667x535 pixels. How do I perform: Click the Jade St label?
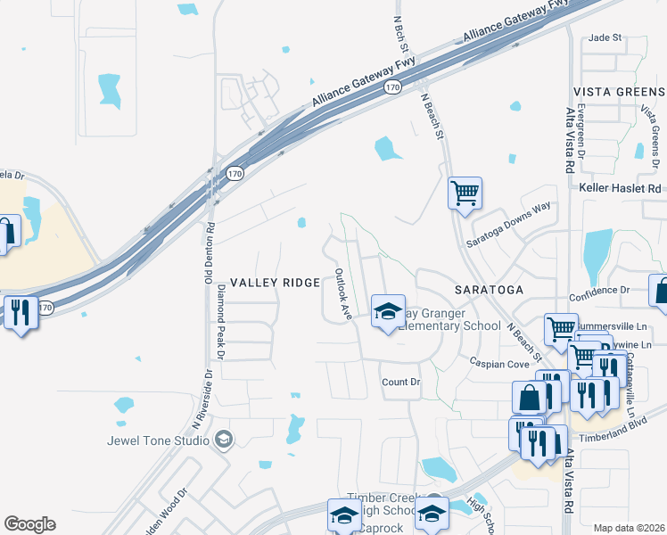pos(604,38)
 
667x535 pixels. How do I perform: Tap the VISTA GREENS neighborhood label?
pos(618,92)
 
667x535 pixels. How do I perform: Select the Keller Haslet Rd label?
pos(620,189)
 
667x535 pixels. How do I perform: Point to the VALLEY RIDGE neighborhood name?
pos(275,282)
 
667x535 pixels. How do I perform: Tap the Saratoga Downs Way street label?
pos(509,225)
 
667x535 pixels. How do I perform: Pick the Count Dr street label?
pos(400,382)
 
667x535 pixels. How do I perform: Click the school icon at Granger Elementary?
pos(388,311)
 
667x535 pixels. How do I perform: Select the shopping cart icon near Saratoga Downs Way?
pos(465,192)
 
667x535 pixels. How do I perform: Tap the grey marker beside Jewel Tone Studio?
pos(223,439)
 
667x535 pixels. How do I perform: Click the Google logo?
pos(29,524)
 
